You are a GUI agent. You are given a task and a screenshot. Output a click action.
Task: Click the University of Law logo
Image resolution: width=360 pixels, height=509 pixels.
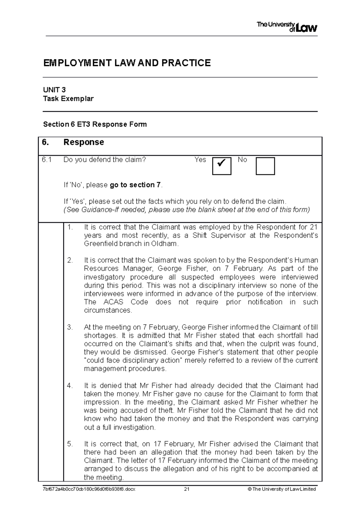click(287, 27)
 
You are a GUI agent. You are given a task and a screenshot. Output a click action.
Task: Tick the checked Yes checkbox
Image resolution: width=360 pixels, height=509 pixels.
click(222, 166)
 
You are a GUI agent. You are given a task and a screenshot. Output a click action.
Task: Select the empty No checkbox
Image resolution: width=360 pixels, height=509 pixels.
click(265, 166)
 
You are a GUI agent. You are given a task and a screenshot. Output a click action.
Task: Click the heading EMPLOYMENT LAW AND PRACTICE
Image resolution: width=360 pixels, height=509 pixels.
click(127, 63)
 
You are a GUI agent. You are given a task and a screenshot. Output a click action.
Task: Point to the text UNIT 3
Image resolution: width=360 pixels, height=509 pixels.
click(54, 90)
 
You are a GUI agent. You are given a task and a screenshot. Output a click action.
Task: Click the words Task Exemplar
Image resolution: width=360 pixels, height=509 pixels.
click(68, 99)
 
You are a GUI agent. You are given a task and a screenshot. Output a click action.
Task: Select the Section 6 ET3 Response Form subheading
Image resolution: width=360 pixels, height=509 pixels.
click(95, 124)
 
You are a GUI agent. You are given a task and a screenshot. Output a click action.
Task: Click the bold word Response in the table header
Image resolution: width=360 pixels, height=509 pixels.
click(84, 142)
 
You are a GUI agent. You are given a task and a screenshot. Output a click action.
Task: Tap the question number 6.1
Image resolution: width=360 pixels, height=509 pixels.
click(47, 160)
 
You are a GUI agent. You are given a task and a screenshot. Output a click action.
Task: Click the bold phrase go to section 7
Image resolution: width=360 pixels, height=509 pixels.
click(135, 185)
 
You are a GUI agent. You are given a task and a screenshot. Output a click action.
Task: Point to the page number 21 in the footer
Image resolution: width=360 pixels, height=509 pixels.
click(187, 489)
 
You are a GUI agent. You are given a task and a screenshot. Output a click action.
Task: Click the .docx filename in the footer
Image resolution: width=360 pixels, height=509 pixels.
click(89, 489)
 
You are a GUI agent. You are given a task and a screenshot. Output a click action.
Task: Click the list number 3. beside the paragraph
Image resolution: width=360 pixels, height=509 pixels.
click(70, 327)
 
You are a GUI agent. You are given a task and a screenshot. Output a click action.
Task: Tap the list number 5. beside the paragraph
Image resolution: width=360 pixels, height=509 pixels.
click(70, 444)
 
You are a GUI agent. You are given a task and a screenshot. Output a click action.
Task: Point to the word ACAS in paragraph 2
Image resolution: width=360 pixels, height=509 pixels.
click(113, 302)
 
